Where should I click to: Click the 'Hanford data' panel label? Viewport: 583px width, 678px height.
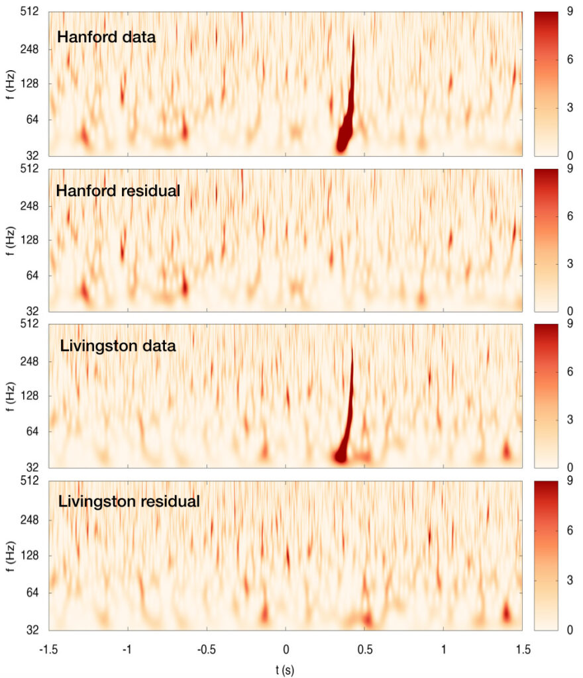coord(106,37)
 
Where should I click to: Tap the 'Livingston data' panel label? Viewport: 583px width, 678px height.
coord(117,346)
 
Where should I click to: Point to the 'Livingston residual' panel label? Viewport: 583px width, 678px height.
coord(129,501)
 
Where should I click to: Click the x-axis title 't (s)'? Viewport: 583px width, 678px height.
coord(286,670)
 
